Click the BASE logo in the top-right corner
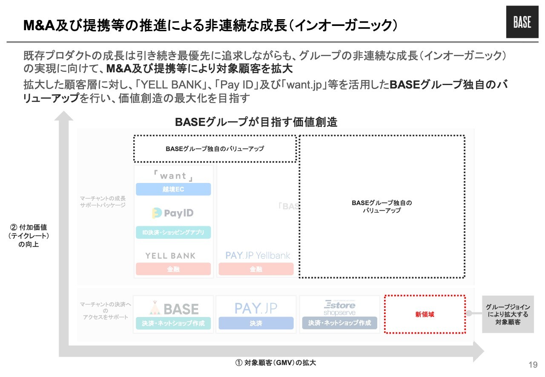(x=522, y=22)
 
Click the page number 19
(x=533, y=365)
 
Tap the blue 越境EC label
(x=173, y=189)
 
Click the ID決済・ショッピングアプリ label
(x=173, y=232)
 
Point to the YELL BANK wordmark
(x=170, y=256)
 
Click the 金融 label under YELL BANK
(x=173, y=269)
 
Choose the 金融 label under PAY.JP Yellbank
(x=256, y=269)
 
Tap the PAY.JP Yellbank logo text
(x=258, y=256)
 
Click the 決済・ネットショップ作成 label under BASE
(x=173, y=323)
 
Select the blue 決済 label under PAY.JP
(x=256, y=323)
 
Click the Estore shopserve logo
(x=339, y=308)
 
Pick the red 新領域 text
(x=424, y=315)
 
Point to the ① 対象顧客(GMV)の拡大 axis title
(x=276, y=363)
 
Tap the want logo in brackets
(x=173, y=176)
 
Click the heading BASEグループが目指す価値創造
(x=256, y=122)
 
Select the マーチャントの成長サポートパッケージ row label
(x=103, y=202)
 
